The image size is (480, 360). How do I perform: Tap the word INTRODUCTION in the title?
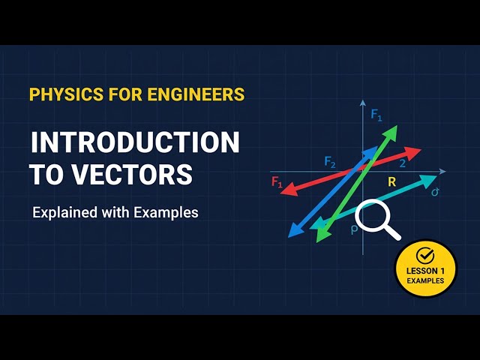(x=135, y=142)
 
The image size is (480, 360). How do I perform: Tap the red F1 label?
(x=277, y=181)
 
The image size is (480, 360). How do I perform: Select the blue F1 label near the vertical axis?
(x=376, y=115)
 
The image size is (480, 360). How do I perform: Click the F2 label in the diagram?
(x=330, y=161)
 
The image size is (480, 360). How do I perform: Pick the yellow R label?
(x=391, y=182)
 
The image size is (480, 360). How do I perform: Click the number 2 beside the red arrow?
(x=403, y=163)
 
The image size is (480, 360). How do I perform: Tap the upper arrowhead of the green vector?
(x=392, y=131)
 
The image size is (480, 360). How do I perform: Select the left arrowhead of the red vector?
(x=283, y=191)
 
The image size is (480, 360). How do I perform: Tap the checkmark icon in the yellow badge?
(x=425, y=255)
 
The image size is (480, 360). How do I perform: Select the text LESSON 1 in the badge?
(x=425, y=270)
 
